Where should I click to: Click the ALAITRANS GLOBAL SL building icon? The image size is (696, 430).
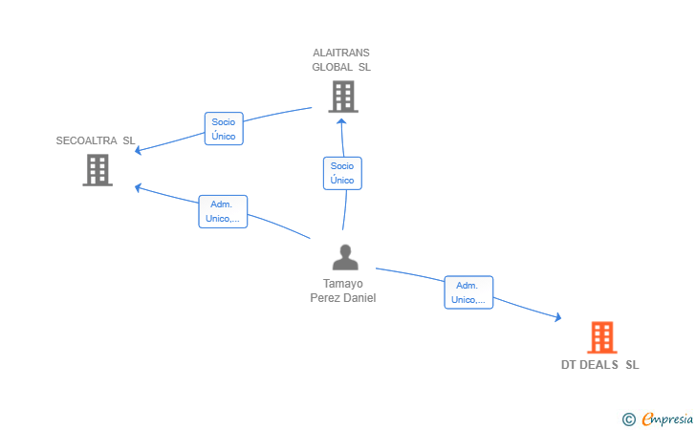point(343,97)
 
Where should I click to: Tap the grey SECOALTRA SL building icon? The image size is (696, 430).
point(98,170)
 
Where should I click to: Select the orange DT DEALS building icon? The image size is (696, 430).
point(602,337)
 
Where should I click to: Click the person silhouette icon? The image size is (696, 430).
point(345,257)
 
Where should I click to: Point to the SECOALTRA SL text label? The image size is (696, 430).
point(96,140)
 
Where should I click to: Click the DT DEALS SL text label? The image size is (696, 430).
point(600,365)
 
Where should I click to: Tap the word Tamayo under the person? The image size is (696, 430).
point(343,284)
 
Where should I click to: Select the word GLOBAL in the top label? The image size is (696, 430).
point(333,67)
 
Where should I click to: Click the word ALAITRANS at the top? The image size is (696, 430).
point(341,53)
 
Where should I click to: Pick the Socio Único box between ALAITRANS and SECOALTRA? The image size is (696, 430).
point(224,129)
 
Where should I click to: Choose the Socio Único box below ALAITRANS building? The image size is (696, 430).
point(342,173)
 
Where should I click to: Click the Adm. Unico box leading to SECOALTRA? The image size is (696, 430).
point(223,212)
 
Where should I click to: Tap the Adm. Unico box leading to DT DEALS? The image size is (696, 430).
point(468,292)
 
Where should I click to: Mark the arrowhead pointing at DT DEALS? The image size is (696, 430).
point(558,317)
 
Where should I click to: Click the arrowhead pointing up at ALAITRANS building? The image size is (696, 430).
point(341,121)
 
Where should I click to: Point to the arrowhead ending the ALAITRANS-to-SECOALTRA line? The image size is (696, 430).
point(138,150)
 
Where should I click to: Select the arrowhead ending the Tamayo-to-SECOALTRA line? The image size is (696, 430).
point(138,188)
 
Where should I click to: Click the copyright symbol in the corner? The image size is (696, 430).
point(629,419)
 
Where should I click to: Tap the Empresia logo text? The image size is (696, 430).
point(667,419)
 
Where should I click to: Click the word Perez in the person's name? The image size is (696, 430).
point(322,298)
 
